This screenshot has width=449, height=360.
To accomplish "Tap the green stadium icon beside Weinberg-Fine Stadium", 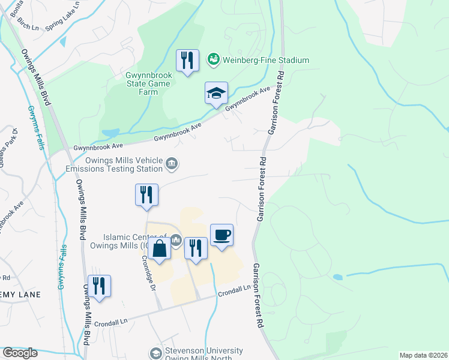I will point(213,60).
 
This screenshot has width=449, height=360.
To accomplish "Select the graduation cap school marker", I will point(216,94).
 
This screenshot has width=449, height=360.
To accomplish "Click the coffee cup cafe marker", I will point(221,235).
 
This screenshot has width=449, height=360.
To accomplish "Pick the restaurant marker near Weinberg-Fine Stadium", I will point(187,61).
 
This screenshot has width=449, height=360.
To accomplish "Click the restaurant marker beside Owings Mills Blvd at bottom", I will point(99,286).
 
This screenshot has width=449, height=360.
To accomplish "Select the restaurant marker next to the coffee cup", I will point(196,248).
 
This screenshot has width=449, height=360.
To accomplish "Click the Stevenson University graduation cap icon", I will point(155,354).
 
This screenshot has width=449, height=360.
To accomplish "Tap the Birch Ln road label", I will point(28,23).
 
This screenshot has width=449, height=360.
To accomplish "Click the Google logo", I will point(20,353).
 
